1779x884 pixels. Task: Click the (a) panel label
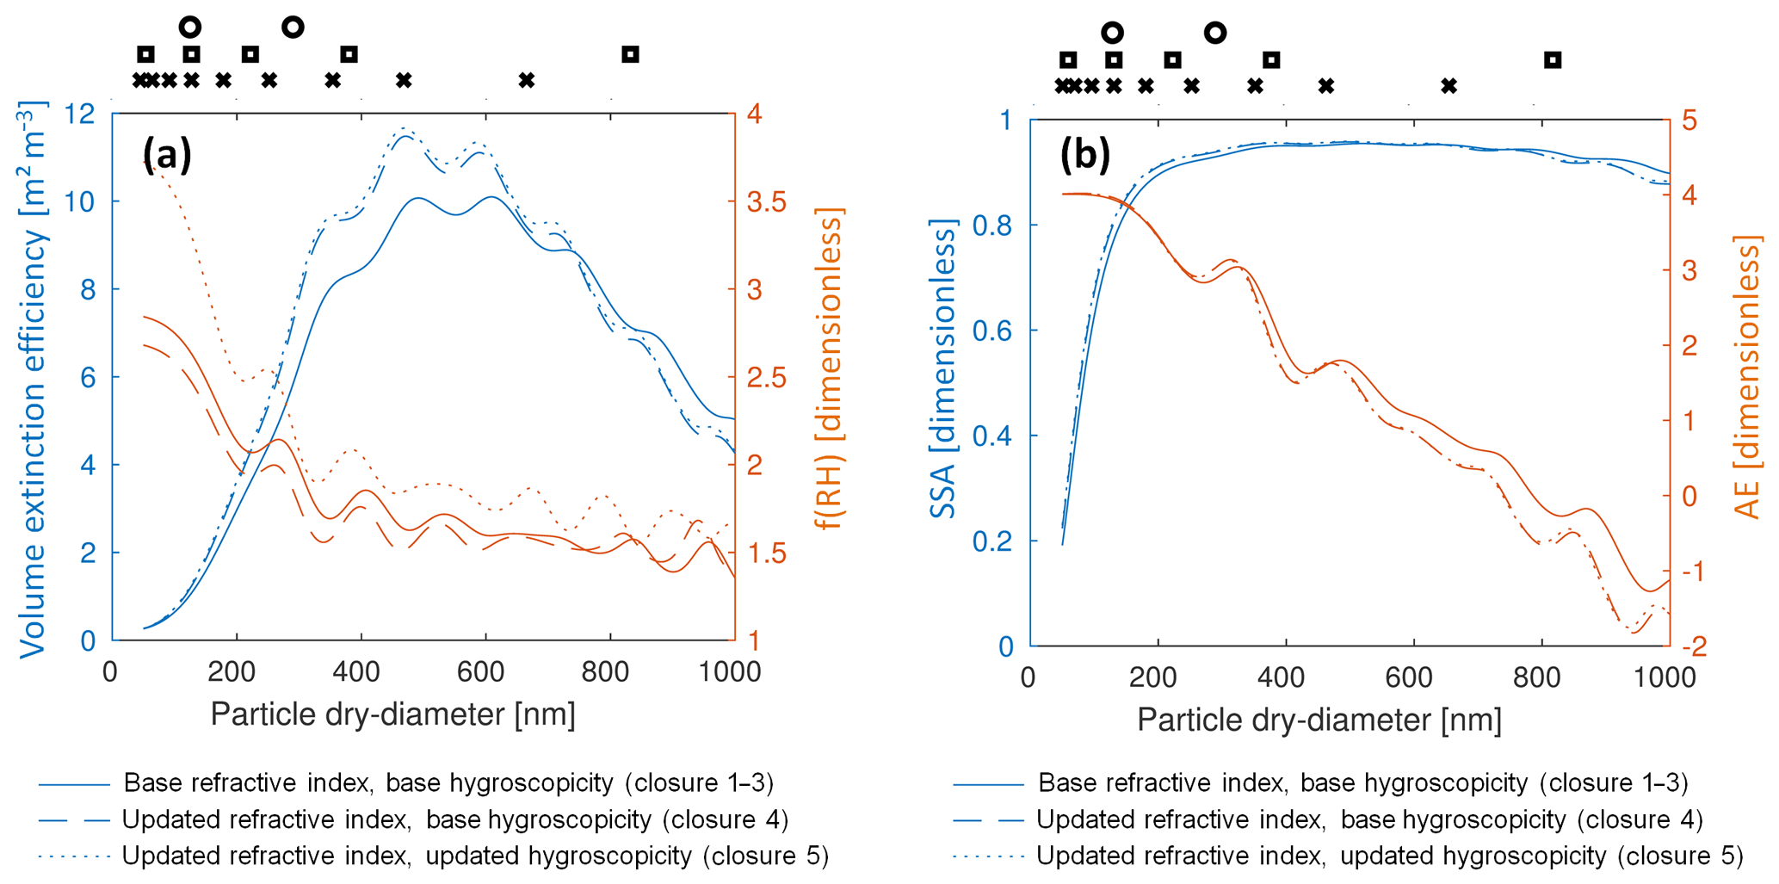(x=167, y=155)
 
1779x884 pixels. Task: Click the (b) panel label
(x=1084, y=156)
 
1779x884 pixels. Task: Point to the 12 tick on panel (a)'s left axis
(x=80, y=114)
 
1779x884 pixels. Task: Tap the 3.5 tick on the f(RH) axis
(x=767, y=202)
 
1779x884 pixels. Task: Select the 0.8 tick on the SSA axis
(x=993, y=226)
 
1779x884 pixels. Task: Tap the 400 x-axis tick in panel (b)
(x=1281, y=677)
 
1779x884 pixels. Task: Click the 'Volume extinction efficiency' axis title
(x=33, y=379)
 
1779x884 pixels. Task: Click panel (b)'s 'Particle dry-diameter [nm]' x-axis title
(x=1319, y=720)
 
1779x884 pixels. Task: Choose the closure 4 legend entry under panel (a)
(x=454, y=819)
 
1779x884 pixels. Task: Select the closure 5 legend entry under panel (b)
(x=1389, y=856)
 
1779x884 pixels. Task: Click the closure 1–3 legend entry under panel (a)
(x=448, y=783)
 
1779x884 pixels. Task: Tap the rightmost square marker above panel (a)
(x=631, y=55)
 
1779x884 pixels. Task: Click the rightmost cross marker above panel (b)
(x=1449, y=86)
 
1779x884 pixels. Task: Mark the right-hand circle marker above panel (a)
(x=293, y=28)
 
